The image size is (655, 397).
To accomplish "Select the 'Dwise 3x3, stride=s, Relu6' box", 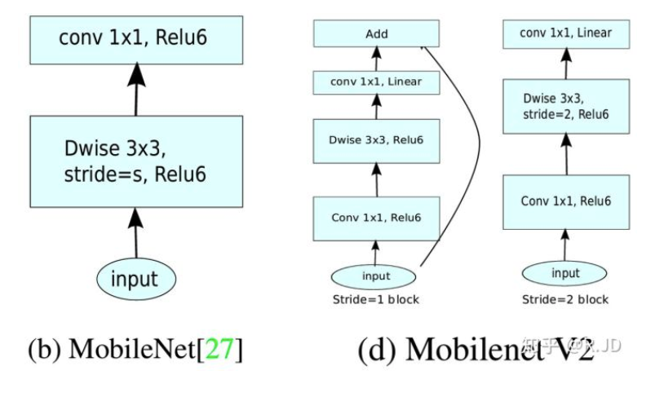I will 136,161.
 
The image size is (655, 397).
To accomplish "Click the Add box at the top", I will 377,34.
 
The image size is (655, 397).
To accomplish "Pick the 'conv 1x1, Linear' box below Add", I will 377,82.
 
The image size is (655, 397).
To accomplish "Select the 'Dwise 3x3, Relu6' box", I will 377,140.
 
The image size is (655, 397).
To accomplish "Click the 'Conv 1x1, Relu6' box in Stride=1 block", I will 377,217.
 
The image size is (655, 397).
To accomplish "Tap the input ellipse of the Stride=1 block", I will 376,276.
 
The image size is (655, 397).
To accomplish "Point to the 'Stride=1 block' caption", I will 376,299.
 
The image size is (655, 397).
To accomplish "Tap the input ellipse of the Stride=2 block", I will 564,272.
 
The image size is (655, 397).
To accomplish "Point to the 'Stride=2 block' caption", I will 564,299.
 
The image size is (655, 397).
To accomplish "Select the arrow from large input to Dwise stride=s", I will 135,232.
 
